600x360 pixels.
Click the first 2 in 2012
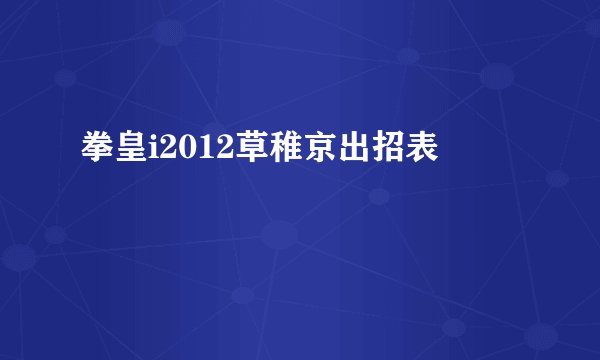coord(163,151)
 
